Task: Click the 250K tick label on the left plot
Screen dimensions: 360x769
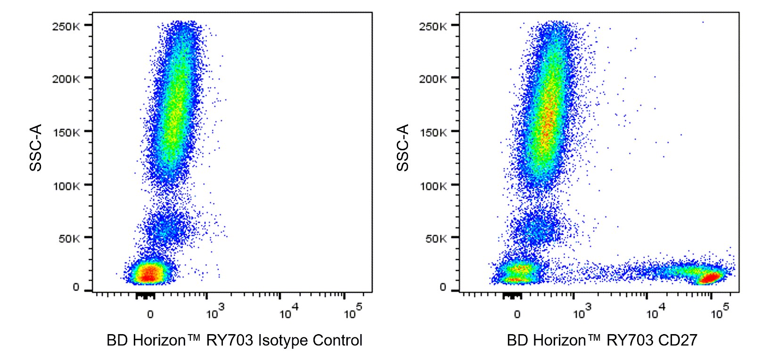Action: click(66, 26)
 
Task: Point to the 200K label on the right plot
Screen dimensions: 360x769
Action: click(433, 79)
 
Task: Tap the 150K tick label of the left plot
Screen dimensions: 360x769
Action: click(66, 132)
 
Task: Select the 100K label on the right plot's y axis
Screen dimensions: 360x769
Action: click(433, 186)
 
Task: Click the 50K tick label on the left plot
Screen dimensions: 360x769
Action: click(69, 238)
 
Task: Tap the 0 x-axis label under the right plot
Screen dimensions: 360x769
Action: click(517, 314)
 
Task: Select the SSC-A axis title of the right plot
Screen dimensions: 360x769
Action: click(403, 147)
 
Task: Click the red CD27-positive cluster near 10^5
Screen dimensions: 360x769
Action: click(711, 277)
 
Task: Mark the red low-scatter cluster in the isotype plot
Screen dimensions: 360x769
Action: click(149, 273)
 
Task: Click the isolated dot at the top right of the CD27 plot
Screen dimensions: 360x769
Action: click(703, 22)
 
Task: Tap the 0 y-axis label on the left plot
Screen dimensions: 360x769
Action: click(76, 287)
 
